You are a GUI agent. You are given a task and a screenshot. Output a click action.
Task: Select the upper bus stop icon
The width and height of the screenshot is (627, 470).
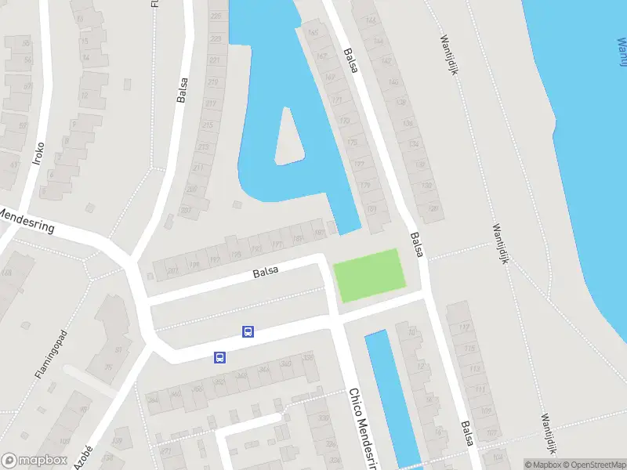248,331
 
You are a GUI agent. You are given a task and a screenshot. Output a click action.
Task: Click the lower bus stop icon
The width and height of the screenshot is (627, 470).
220,357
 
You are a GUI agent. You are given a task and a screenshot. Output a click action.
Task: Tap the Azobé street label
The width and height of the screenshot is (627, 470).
83,457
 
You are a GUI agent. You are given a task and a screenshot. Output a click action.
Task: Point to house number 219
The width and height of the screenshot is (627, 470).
212,82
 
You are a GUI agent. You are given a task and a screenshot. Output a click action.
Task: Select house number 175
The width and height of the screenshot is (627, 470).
352,143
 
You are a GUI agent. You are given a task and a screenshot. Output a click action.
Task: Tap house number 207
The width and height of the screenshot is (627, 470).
185,210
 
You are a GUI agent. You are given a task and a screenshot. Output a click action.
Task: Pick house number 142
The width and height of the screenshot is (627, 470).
386,61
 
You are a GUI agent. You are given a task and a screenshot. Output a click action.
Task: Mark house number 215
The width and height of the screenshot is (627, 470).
207,125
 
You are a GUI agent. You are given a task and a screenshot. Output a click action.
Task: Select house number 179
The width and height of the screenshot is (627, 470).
364,186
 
